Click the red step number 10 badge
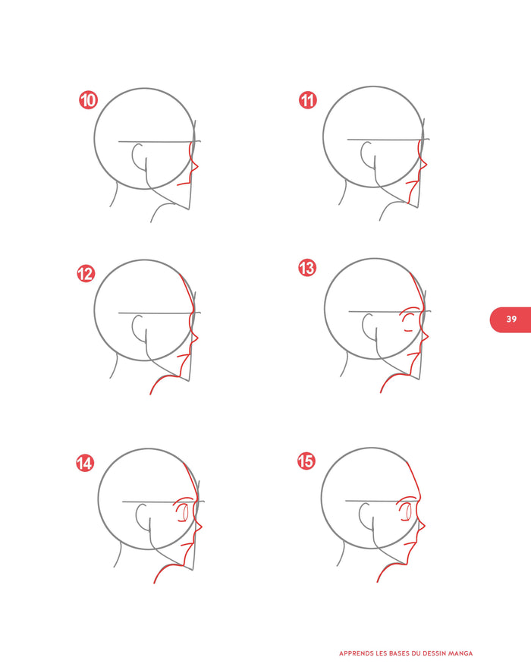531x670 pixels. pyautogui.click(x=88, y=100)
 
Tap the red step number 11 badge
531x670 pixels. pyautogui.click(x=307, y=100)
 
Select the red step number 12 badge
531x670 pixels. pyautogui.click(x=86, y=273)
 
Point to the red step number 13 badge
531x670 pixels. pyautogui.click(x=306, y=268)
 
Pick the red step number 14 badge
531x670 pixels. pyautogui.click(x=85, y=463)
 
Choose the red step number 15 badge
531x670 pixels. pyautogui.click(x=306, y=461)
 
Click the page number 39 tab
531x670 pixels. pyautogui.click(x=511, y=319)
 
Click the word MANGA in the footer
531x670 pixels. pyautogui.click(x=460, y=653)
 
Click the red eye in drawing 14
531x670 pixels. pyautogui.click(x=184, y=512)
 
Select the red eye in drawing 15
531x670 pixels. pyautogui.click(x=408, y=511)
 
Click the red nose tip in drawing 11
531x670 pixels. pyautogui.click(x=427, y=164)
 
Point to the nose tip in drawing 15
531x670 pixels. pyautogui.click(x=425, y=526)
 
